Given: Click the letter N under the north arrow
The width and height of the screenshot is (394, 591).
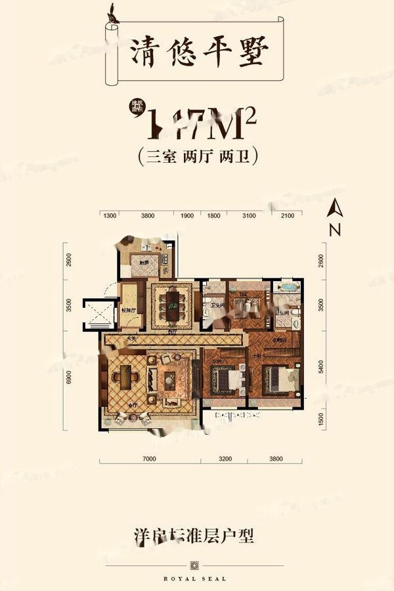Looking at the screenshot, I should [335, 230].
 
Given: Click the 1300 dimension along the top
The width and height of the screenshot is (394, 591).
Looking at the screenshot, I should [110, 215].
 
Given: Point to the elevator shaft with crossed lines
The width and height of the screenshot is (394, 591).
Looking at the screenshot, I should [97, 313].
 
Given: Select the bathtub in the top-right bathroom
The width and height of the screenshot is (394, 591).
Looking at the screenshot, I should [289, 287].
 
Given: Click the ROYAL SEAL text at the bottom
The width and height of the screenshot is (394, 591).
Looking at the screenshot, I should [196, 579].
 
